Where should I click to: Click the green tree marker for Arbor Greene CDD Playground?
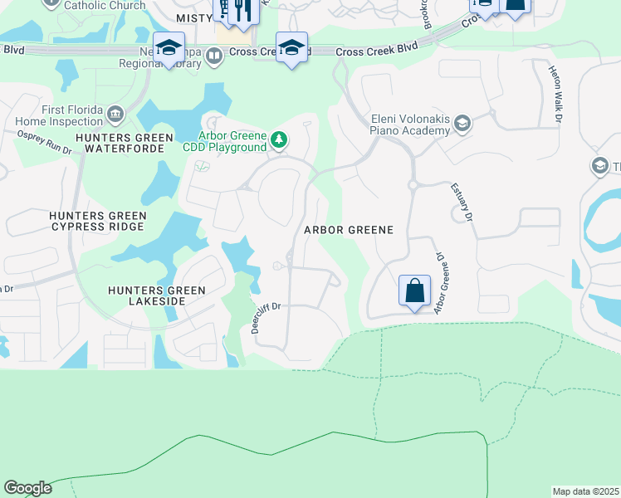[280, 141]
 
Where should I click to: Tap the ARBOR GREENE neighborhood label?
[348, 229]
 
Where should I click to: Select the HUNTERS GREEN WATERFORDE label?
[124, 143]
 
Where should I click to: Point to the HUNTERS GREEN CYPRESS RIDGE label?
[98, 221]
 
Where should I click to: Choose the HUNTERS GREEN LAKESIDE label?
[156, 295]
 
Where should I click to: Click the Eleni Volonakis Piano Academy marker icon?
[462, 124]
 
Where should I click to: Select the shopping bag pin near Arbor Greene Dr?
[414, 291]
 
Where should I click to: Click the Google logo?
[27, 488]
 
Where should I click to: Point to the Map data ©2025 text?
[585, 491]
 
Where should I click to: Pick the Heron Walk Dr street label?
[555, 94]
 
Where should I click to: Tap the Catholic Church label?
[105, 5]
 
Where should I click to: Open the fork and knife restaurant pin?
[242, 10]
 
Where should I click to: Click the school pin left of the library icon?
[169, 47]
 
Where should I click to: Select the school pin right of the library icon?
[291, 47]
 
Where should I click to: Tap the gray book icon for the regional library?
[214, 56]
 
